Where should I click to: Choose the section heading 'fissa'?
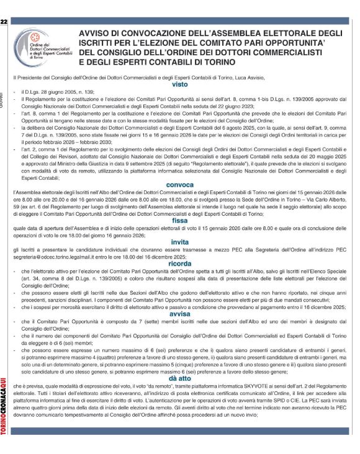pyautogui.click(x=180, y=220)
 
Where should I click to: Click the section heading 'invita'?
pyautogui.click(x=180, y=243)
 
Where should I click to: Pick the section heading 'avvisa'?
pyautogui.click(x=180, y=313)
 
